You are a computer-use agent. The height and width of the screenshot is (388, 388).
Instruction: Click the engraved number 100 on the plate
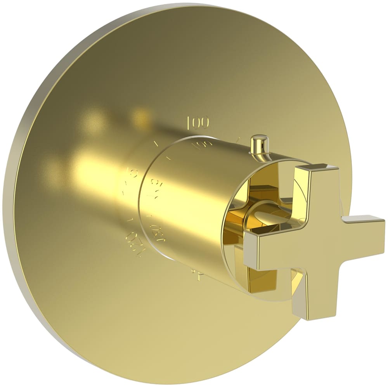198,123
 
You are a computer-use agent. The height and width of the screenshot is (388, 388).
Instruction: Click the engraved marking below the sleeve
197,276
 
